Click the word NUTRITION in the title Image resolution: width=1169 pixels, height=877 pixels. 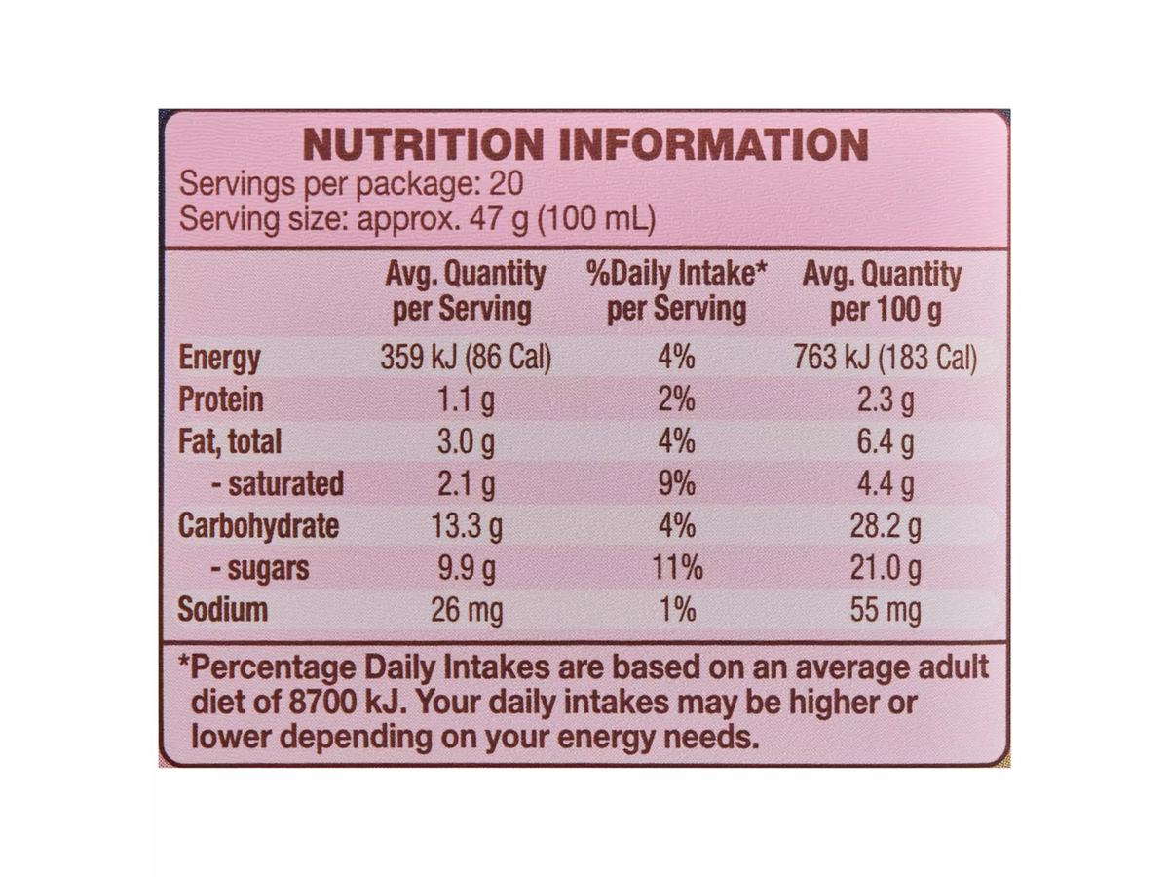point(424,145)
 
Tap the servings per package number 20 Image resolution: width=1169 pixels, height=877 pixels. point(506,184)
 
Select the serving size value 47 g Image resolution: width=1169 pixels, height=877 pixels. point(499,219)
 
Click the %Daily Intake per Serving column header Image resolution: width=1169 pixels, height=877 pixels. point(676,291)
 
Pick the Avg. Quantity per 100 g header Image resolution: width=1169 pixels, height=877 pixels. point(882,292)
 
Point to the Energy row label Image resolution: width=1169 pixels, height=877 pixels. point(219,358)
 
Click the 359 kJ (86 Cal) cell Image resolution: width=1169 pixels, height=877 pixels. point(466,358)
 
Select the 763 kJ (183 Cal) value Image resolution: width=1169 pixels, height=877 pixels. point(886,358)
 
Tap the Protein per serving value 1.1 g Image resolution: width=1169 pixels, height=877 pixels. point(466,400)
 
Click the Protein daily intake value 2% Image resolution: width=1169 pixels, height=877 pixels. point(676,400)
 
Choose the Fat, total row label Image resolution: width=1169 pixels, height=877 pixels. point(230,442)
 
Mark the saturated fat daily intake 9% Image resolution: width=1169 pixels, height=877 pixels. point(676,483)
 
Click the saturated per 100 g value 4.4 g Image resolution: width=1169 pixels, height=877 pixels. point(886,484)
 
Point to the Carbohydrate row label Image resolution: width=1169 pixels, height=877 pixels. point(259,526)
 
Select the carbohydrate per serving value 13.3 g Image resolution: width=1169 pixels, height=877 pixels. point(466,526)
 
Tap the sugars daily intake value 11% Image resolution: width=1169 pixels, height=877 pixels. point(677,568)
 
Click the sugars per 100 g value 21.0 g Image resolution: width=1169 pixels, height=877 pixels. point(886,569)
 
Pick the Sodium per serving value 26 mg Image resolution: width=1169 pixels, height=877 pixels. point(467,611)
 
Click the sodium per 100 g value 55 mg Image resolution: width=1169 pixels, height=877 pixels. point(886,611)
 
